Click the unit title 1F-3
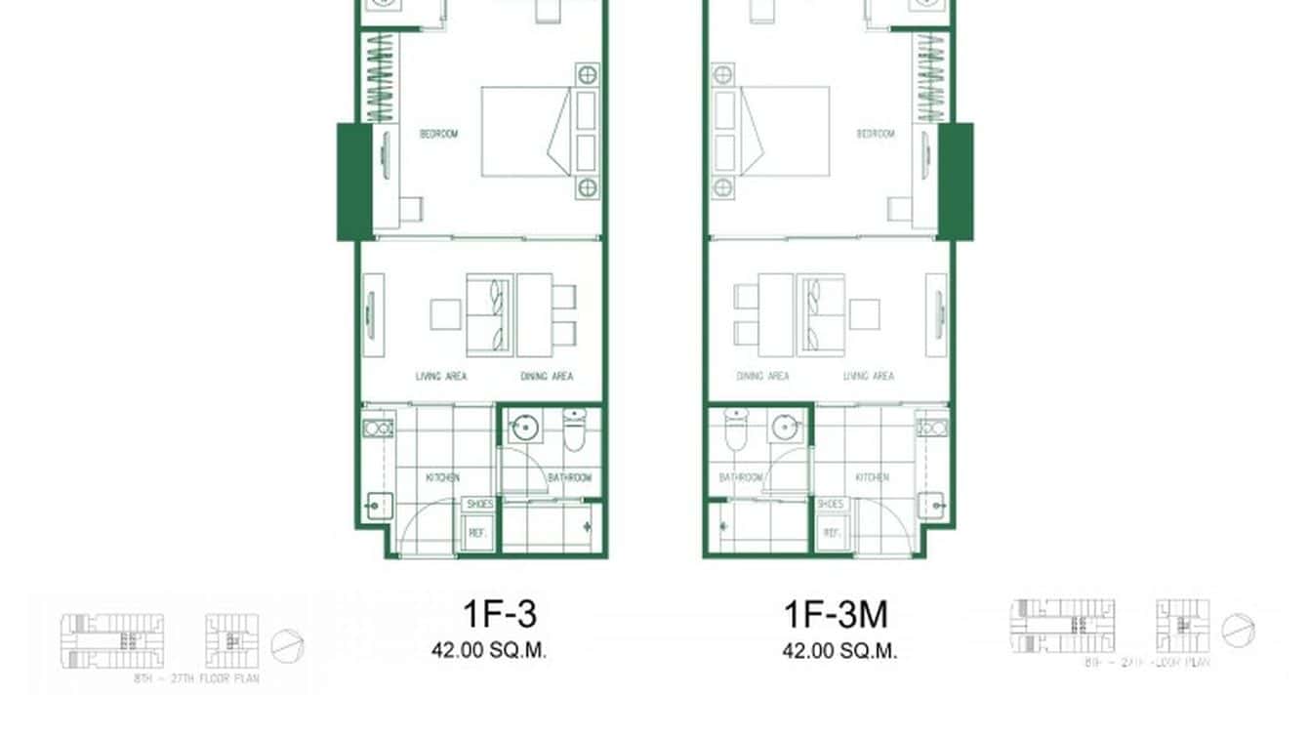499,614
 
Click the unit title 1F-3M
836,614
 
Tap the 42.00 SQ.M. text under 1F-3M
839,651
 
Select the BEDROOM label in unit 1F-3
438,134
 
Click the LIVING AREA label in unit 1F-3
440,377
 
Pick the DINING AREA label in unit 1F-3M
762,377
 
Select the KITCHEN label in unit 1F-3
442,478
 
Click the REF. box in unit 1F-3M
832,534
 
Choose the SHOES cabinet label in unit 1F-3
478,504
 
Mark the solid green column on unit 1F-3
353,182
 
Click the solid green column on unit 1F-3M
956,182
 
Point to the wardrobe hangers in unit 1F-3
379,78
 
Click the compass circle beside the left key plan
288,646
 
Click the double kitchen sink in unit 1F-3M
930,428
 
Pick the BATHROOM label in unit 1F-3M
740,478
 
